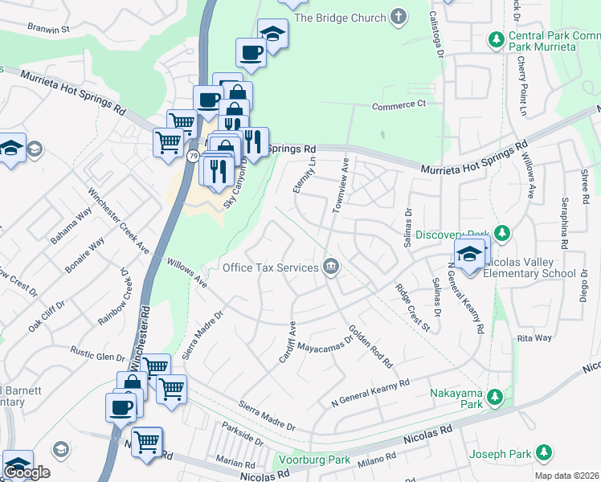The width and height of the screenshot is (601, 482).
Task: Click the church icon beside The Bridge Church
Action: point(398,17)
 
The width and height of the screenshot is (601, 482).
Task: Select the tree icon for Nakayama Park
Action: point(497,396)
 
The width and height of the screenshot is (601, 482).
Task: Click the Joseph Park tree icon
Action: point(545,453)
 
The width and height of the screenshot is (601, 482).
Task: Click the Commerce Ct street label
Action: point(399,105)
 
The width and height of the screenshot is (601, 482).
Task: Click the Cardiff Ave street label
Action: point(292,339)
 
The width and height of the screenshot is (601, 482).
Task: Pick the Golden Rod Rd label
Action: point(370,346)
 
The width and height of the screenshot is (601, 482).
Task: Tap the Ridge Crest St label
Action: point(412,308)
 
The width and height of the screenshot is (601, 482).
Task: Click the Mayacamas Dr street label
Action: point(325,344)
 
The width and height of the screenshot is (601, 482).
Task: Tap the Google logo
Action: point(27,472)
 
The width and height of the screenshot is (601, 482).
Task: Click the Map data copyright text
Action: point(567,476)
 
